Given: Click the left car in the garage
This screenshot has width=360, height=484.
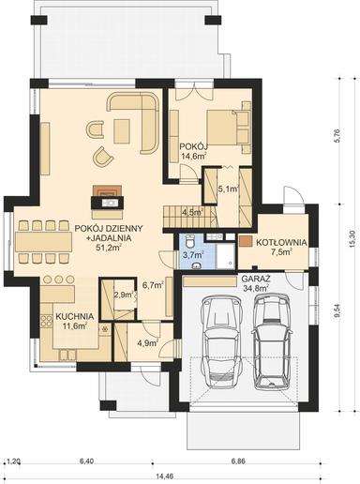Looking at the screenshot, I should pyautogui.click(x=220, y=339).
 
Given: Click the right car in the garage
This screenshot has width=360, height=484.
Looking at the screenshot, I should pyautogui.click(x=273, y=344).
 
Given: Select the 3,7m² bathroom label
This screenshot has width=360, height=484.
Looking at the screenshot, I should pyautogui.click(x=193, y=254).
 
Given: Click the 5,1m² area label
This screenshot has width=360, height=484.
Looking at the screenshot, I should pyautogui.click(x=228, y=189).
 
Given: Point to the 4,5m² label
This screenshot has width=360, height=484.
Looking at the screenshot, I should pyautogui.click(x=191, y=212).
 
